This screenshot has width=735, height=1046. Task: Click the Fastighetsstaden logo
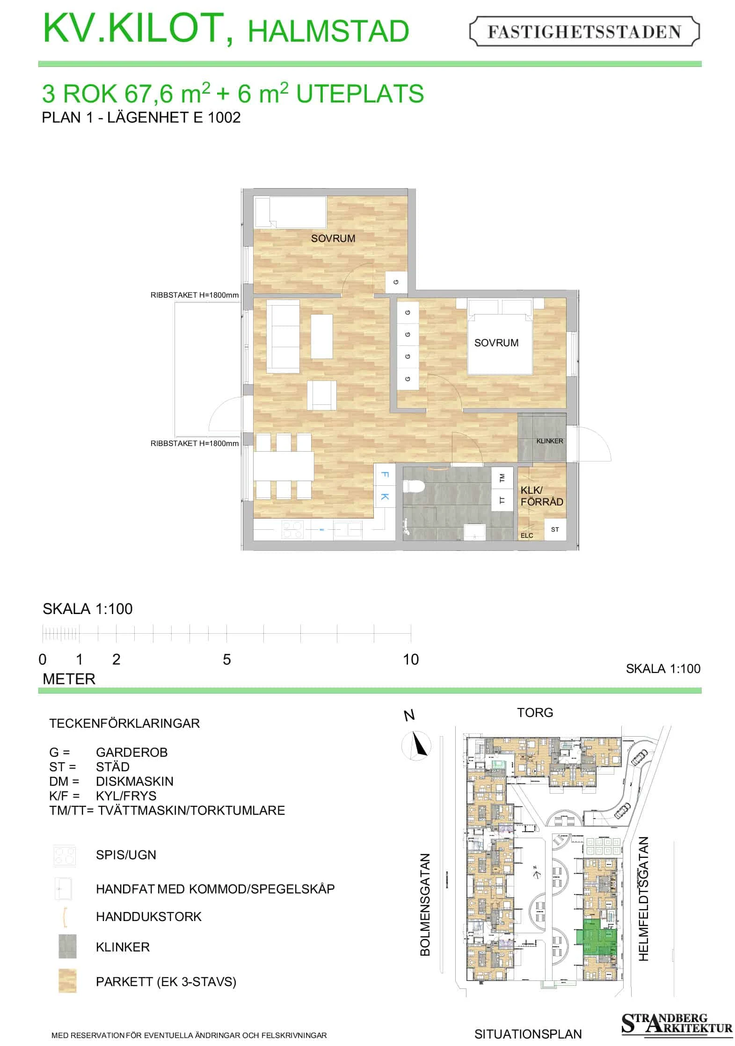(584, 31)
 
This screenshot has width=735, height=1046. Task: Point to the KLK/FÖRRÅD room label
(542, 496)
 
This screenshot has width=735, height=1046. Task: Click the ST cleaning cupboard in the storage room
(555, 529)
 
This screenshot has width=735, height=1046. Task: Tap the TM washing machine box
(502, 478)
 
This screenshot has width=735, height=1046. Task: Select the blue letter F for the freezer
(385, 475)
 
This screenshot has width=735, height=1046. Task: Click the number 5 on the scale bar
(226, 659)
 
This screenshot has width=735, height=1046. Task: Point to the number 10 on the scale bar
(411, 659)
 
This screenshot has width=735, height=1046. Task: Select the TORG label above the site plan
(535, 713)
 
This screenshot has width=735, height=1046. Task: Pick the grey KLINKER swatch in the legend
(67, 946)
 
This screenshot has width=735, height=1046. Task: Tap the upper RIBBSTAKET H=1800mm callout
(194, 295)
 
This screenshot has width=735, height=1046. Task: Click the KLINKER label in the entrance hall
(550, 441)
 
